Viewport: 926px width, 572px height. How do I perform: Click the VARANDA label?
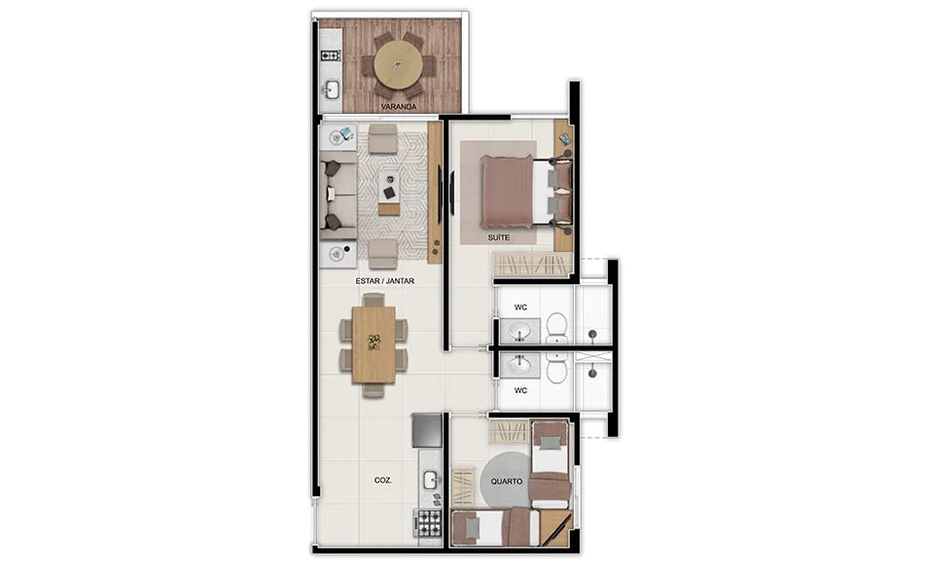399,105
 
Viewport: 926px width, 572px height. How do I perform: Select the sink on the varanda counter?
331,90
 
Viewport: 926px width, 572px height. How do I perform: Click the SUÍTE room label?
498,236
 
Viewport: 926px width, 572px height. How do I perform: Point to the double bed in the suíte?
516,192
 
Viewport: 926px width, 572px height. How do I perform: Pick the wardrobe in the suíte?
531,265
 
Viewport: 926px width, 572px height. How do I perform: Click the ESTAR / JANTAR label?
385,281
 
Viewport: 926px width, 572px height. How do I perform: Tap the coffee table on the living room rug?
390,189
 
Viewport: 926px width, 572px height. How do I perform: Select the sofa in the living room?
333,195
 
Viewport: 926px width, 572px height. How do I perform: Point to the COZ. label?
382,481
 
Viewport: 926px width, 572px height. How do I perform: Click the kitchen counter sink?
430,478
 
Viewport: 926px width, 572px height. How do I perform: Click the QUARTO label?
507,482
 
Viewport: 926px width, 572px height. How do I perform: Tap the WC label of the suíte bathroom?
521,307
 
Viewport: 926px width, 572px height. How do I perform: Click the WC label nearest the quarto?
521,391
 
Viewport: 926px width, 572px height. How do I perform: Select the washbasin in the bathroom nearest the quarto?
520,365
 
